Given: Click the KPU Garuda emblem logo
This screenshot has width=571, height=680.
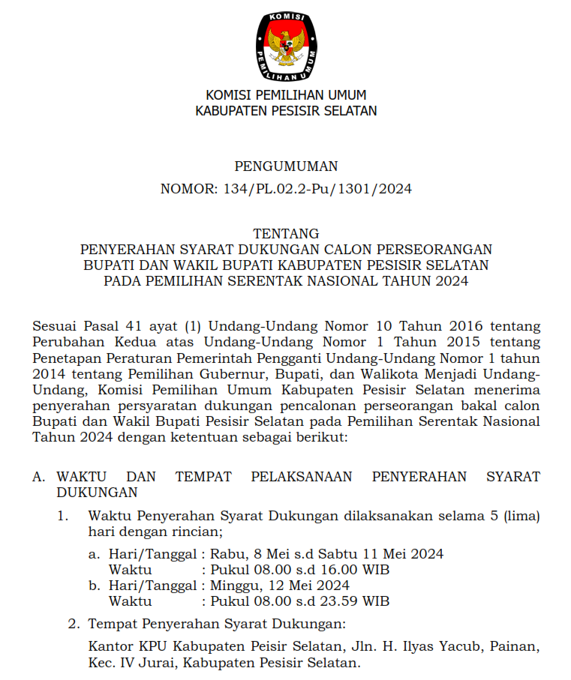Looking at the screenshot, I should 286,46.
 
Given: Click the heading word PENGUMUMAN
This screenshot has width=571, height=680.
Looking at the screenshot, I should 286,166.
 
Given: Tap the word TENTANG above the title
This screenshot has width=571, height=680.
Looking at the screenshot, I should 286,234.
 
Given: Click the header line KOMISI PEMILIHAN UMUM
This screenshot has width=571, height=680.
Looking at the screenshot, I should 286,95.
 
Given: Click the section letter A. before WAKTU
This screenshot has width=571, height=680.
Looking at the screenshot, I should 39,477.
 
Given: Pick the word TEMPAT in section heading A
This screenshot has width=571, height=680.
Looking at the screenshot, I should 203,477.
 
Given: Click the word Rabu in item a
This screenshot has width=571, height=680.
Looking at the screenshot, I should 224,554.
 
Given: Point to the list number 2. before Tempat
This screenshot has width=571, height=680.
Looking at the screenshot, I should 74,624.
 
